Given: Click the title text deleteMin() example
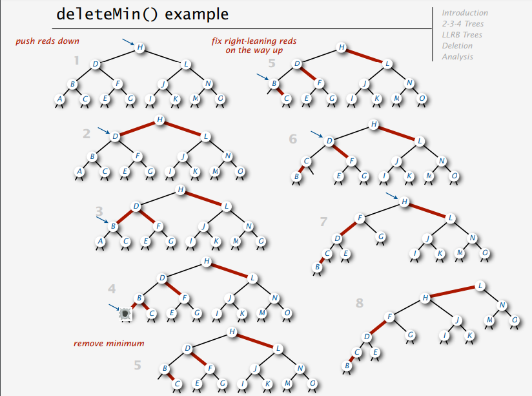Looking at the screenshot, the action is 142,14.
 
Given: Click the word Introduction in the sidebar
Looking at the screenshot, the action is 464,13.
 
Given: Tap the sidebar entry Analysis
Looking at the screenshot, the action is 457,57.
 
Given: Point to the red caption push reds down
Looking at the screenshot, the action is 48,41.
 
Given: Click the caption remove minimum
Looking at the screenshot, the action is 108,343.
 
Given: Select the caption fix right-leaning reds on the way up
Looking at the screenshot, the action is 254,45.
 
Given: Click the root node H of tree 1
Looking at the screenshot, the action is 139,47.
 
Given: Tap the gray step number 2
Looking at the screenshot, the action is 87,134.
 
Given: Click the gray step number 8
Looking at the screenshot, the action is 360,302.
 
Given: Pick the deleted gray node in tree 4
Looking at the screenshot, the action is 125,313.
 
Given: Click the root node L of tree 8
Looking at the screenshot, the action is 480,286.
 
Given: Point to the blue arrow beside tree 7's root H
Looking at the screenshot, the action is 391,195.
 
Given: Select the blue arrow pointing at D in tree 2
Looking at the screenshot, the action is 103,131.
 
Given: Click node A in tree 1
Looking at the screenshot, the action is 60,99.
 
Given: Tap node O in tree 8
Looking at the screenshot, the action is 515,320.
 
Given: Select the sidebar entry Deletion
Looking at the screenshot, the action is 457,46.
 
